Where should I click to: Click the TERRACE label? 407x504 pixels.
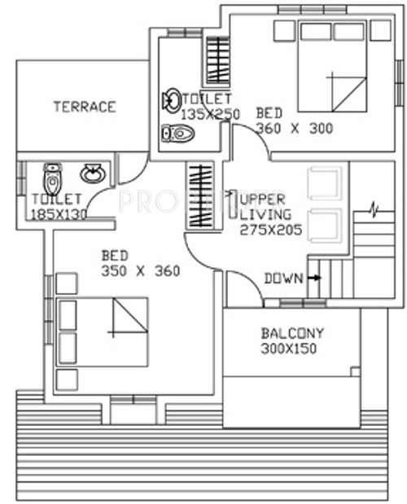click(x=85, y=106)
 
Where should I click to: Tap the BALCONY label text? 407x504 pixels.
click(x=292, y=333)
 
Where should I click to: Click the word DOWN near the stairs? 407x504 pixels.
click(x=283, y=278)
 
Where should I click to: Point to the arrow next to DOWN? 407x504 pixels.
click(x=314, y=278)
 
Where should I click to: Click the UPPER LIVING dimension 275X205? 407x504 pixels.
click(x=271, y=230)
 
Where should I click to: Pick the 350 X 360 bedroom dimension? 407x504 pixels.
click(x=141, y=270)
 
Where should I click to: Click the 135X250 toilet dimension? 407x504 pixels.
click(x=210, y=114)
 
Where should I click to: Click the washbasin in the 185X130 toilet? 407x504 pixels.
click(x=92, y=173)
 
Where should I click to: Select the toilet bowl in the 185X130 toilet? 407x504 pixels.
click(x=53, y=175)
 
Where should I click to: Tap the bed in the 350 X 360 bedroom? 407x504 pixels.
click(x=103, y=331)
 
